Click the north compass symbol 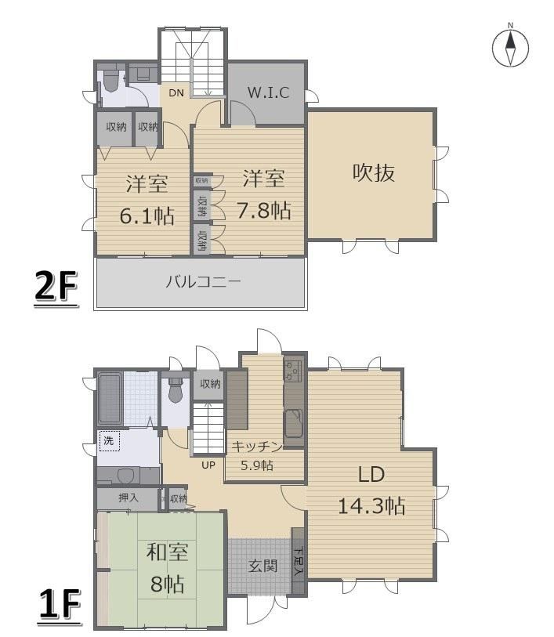(511, 47)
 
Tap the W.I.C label (268, 92)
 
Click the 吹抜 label (373, 172)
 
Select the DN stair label (176, 93)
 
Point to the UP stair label (208, 465)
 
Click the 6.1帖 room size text (147, 215)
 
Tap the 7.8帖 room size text (263, 211)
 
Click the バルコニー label (203, 281)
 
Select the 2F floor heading (56, 287)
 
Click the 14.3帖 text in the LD (371, 506)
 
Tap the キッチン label (257, 447)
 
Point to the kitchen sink (294, 422)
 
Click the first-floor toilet (176, 390)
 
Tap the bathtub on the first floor (110, 399)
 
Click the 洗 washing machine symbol (110, 441)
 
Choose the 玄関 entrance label (263, 566)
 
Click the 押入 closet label (129, 498)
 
